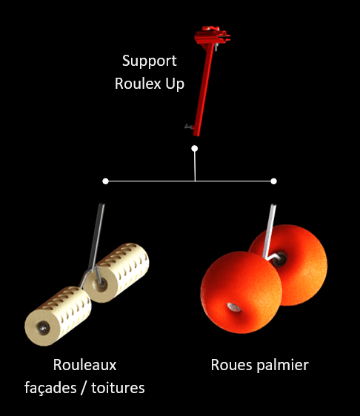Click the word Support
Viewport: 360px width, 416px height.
point(149,60)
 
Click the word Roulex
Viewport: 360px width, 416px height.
point(137,83)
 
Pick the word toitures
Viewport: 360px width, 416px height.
point(119,386)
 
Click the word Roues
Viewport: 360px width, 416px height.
point(230,365)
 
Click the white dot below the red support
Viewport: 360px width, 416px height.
point(195,149)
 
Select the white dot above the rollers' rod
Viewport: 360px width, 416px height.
point(106,181)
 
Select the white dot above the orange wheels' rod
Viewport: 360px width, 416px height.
point(274,181)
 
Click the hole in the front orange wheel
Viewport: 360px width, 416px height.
point(234,306)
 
